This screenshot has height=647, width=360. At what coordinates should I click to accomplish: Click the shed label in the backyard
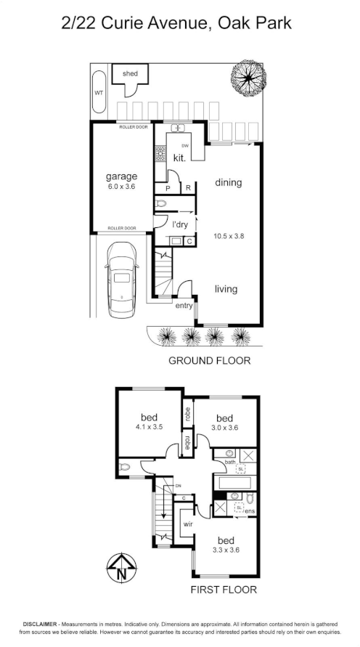coord(131,74)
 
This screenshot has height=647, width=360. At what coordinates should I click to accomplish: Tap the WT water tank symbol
coord(99,93)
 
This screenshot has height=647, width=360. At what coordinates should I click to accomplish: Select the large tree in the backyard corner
coord(249,76)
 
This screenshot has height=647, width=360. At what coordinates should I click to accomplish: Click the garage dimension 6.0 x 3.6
coord(121,187)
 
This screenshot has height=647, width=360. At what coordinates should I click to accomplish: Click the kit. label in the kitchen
coord(179,158)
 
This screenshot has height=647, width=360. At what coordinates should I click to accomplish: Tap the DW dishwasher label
coord(185,146)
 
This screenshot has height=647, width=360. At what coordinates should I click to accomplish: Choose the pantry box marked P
coord(168,188)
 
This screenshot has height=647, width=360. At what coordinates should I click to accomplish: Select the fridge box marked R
coord(187,188)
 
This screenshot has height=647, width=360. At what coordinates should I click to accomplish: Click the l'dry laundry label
coord(179,224)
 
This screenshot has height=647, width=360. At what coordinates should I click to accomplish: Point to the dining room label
coord(228,183)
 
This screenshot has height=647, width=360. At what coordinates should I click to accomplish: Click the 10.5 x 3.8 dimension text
coord(228,236)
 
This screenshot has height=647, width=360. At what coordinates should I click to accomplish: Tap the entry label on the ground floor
coord(184,306)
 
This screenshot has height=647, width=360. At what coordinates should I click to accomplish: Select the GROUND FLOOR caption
coord(209,360)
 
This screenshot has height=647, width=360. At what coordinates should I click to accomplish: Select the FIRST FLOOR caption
coord(224,590)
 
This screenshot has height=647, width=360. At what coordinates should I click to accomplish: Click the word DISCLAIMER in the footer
coord(44,624)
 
